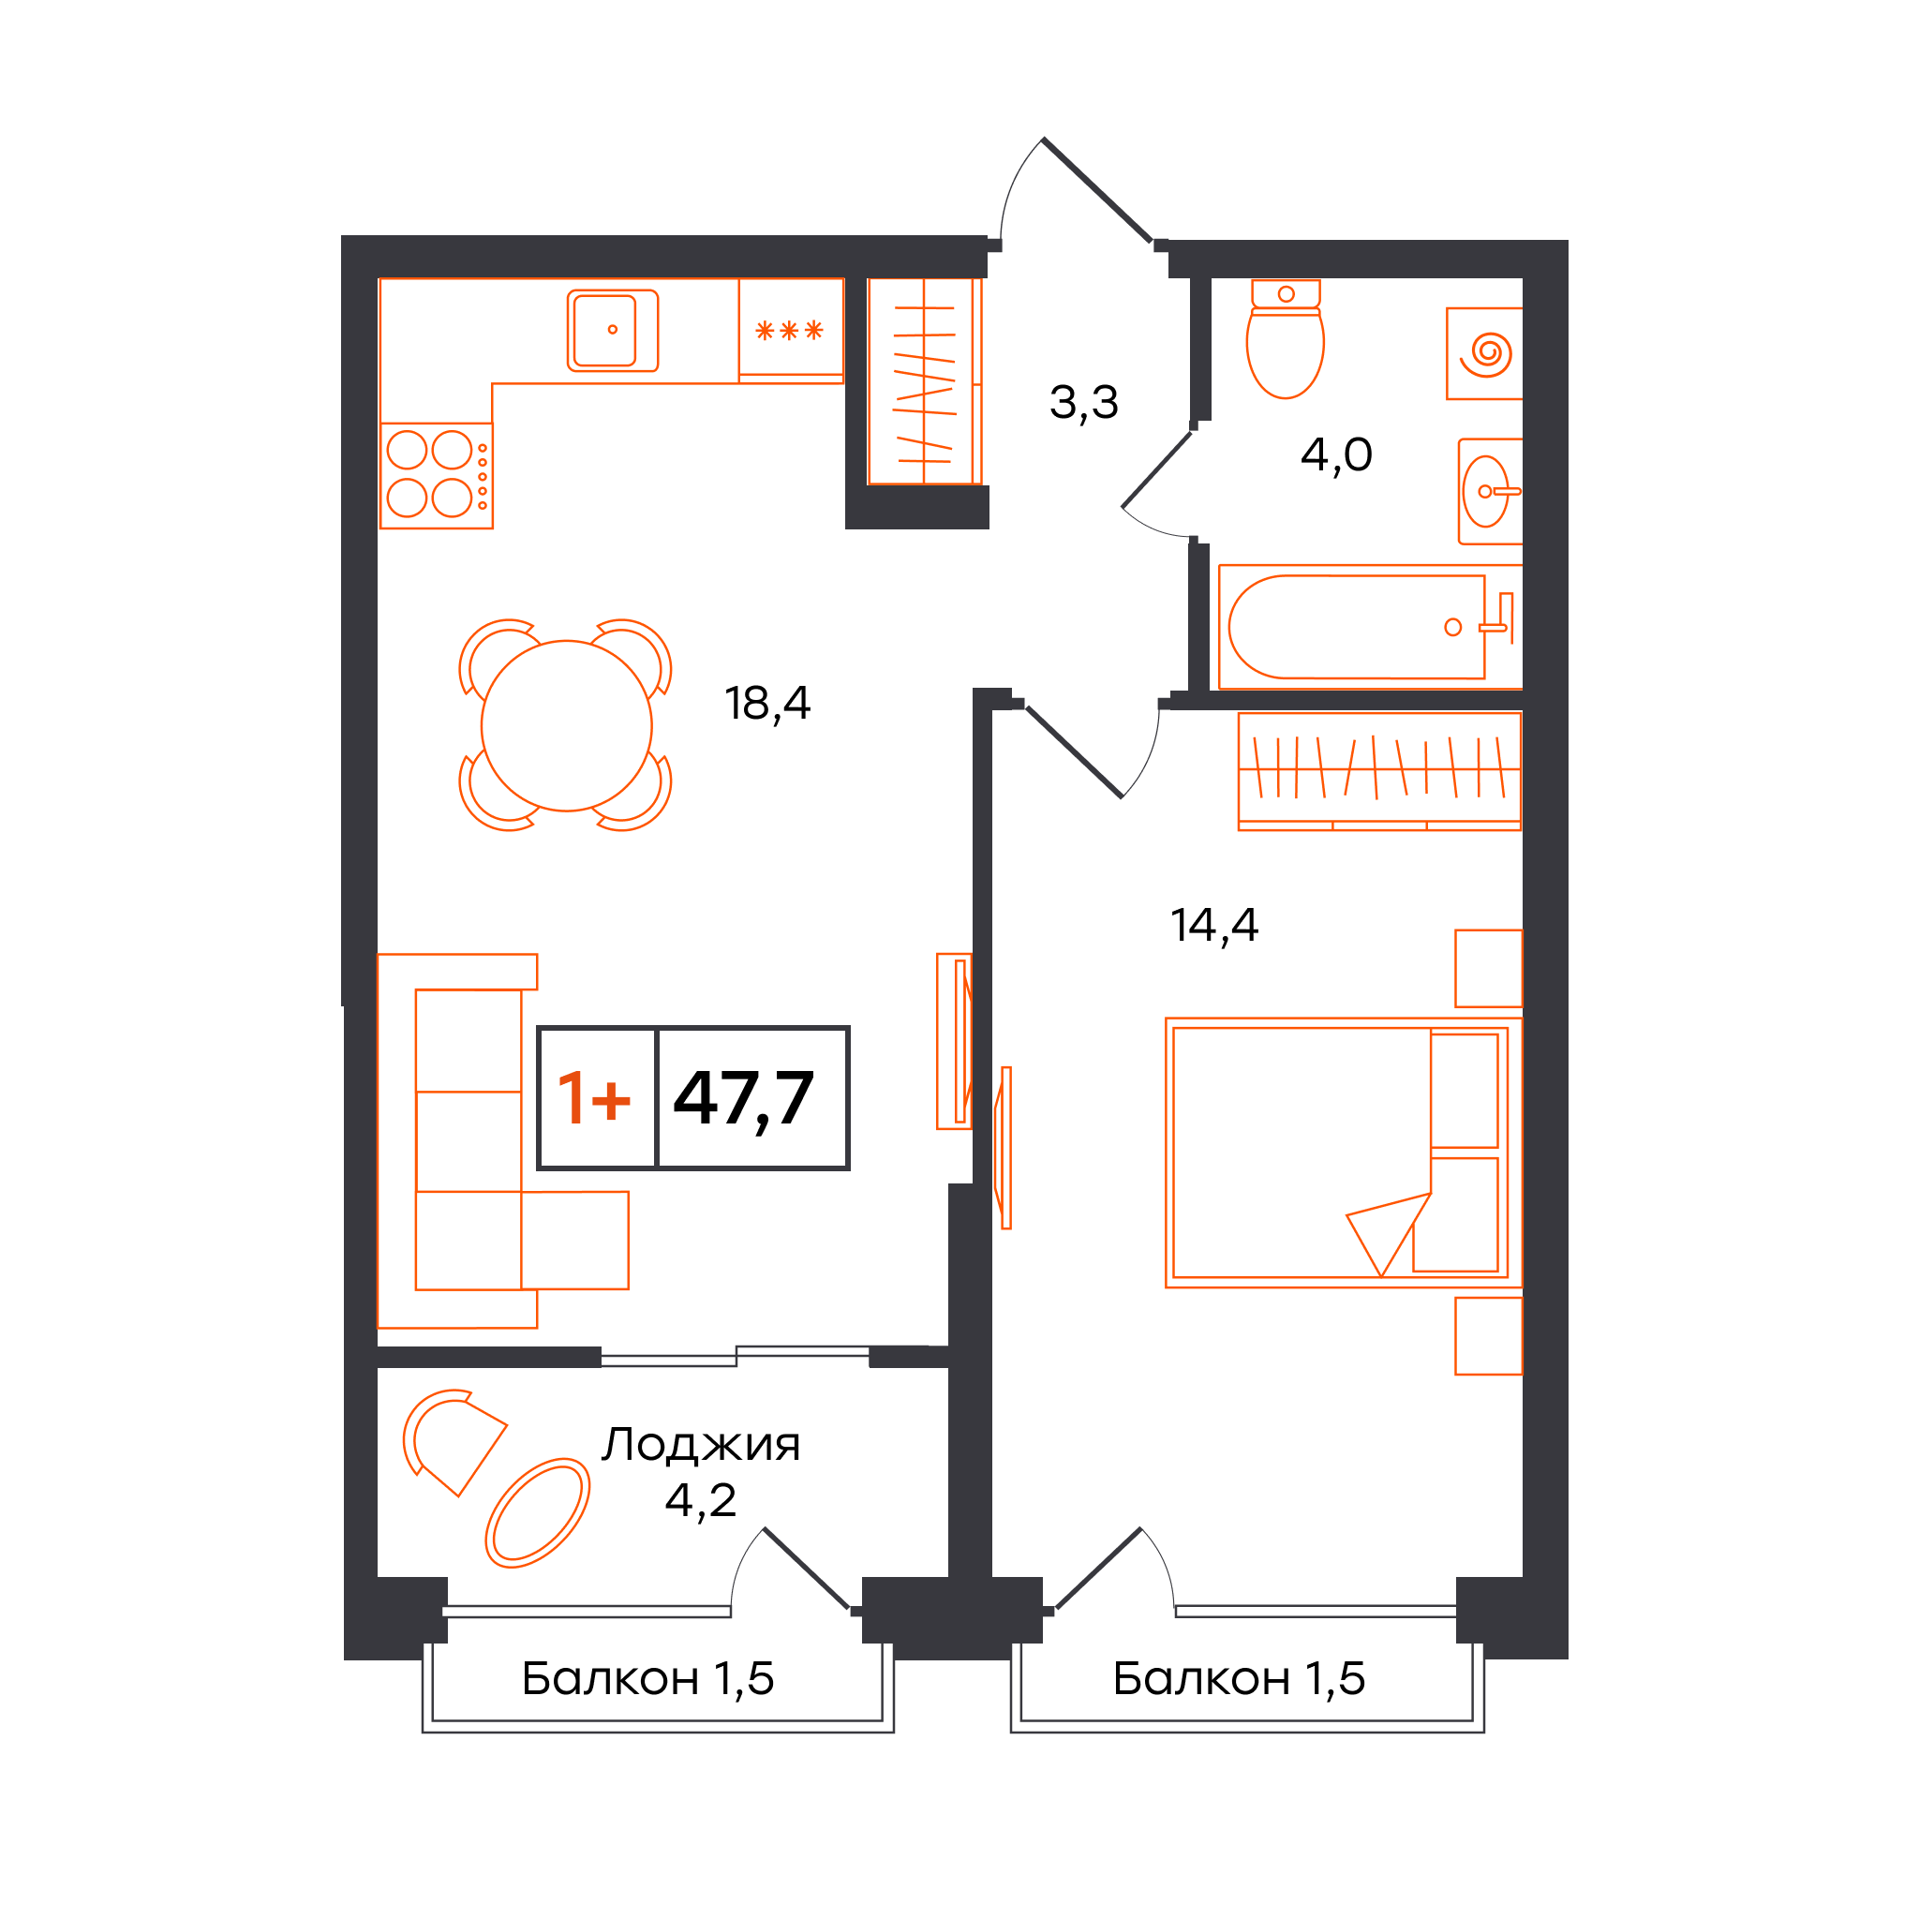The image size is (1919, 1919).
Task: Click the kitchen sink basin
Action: pos(612,331)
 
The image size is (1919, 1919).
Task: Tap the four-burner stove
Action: pos(437,476)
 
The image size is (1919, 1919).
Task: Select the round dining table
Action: pos(566,726)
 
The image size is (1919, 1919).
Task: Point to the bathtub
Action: pos(1370,627)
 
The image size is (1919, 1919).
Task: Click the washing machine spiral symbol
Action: pos(1486,353)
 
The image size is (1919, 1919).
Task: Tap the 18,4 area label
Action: pos(767,705)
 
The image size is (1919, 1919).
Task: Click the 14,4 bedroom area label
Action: pos(1213,926)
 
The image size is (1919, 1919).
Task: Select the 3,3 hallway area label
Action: pos(1084,403)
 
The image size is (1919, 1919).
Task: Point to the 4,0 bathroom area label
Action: pos(1336,454)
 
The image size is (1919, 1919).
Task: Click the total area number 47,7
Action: pos(744,1098)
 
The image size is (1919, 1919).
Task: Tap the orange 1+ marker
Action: pos(594,1098)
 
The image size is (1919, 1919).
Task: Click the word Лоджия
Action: pos(700,1445)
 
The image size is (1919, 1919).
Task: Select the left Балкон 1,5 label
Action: pos(647,1677)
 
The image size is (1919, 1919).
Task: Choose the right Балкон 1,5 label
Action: pos(1239,1677)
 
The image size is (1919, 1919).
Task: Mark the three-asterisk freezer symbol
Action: pos(790,331)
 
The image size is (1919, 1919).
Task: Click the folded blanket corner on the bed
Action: pos(1389,1235)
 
